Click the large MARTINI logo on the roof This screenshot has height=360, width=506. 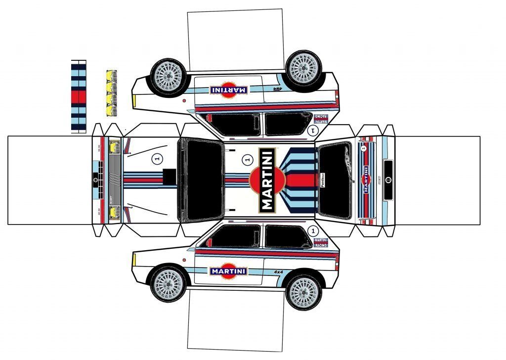[x=267, y=180]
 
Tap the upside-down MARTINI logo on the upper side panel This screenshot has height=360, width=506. [x=228, y=90]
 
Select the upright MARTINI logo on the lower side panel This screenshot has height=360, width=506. [x=228, y=271]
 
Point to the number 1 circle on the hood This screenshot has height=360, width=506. [x=157, y=159]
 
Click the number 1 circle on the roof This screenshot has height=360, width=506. [x=247, y=159]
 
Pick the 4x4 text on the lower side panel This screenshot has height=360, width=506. [x=278, y=272]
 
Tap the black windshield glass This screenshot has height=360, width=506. [x=202, y=180]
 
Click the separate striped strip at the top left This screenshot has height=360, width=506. [x=79, y=96]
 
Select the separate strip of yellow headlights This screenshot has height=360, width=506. [x=111, y=89]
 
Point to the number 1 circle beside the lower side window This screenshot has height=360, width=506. [x=312, y=231]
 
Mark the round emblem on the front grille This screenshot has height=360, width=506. [x=95, y=179]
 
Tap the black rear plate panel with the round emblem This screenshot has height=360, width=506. [x=388, y=180]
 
